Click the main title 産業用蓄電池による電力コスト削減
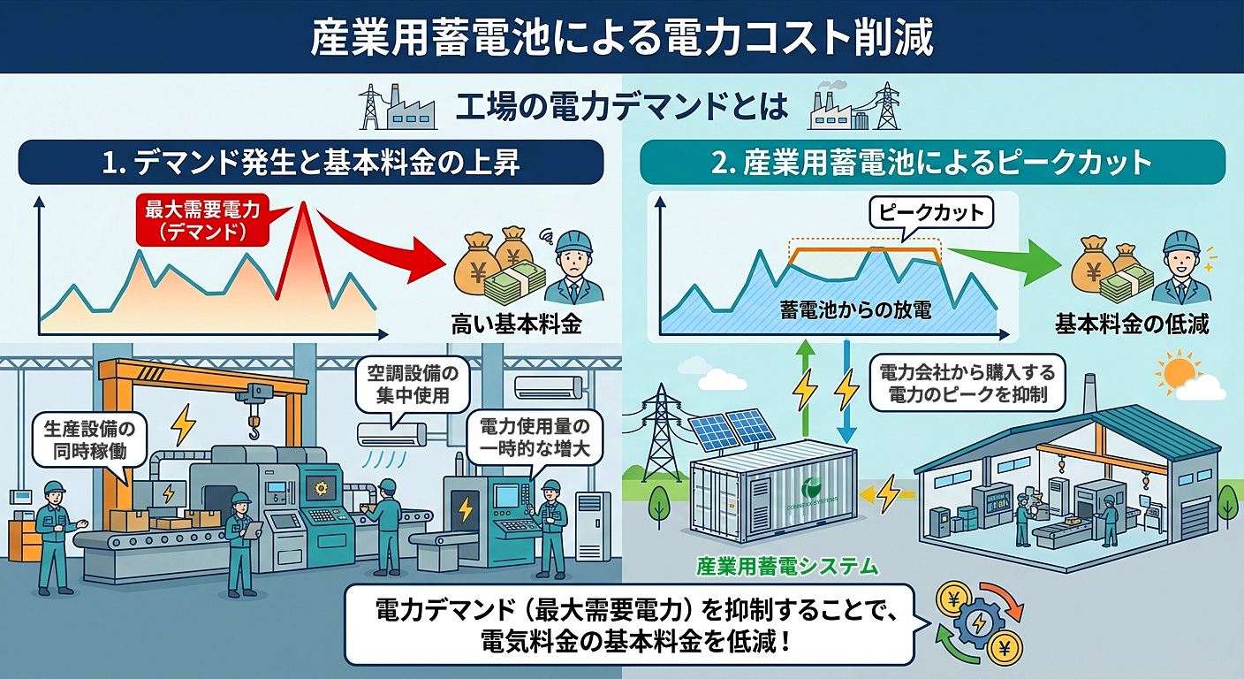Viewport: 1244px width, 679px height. click(x=621, y=38)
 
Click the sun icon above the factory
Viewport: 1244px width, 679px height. click(x=1179, y=375)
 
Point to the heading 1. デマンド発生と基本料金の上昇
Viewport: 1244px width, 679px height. click(x=311, y=162)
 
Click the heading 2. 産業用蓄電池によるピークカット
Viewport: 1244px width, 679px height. click(x=931, y=162)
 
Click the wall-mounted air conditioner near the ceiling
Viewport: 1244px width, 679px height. click(x=549, y=386)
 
